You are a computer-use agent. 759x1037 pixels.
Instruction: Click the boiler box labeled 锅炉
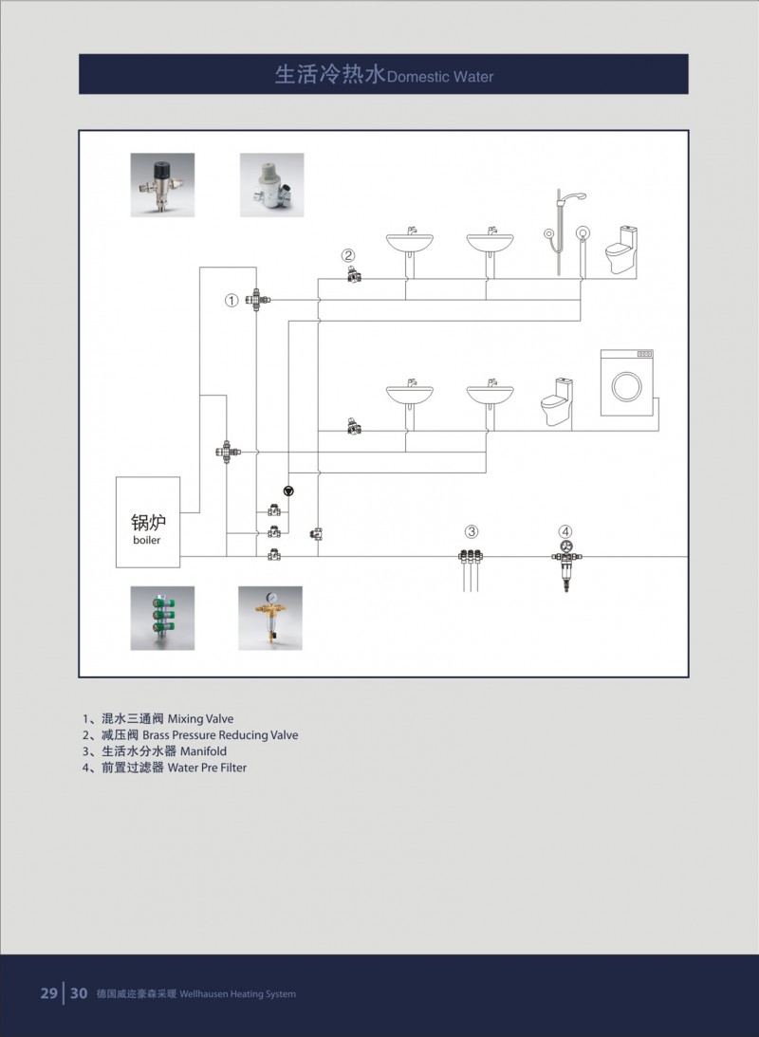(x=148, y=522)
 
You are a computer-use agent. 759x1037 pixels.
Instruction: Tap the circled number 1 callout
(x=231, y=300)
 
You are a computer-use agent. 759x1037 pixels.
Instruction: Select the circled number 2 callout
(x=348, y=255)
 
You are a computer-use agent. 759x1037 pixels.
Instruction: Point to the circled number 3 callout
(x=471, y=531)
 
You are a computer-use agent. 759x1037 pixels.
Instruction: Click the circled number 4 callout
(x=565, y=531)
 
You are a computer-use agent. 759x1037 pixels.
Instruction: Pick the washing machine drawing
(x=627, y=383)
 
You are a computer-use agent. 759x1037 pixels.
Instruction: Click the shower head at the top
(x=575, y=196)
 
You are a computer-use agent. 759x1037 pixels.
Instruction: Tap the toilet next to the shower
(x=621, y=250)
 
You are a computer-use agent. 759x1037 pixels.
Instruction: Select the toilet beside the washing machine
(x=557, y=402)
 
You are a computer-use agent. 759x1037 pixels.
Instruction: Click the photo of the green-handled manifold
(x=162, y=618)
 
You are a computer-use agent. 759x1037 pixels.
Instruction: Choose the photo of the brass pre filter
(x=270, y=618)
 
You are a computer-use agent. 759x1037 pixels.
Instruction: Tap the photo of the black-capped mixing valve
(x=162, y=185)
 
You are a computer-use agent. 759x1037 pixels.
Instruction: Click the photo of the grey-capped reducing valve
(x=271, y=185)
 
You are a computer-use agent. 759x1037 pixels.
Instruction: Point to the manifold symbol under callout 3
(x=471, y=567)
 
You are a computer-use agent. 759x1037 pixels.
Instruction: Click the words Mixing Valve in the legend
(x=200, y=719)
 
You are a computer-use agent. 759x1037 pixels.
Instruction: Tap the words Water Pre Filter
(x=207, y=768)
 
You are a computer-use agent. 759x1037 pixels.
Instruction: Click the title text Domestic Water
(x=440, y=77)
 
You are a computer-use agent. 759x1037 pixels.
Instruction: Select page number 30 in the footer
(x=79, y=993)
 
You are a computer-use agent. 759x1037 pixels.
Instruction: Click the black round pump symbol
(x=288, y=491)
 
